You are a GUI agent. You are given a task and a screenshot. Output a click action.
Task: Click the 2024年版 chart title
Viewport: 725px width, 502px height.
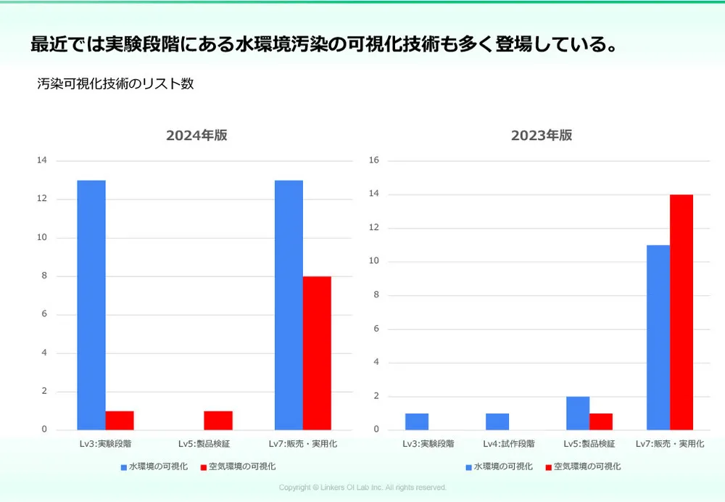[196, 135]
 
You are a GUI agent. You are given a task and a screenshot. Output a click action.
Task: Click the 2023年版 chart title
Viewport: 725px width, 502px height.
[542, 135]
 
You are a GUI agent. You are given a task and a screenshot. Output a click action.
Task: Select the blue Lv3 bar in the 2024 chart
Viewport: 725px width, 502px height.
[91, 305]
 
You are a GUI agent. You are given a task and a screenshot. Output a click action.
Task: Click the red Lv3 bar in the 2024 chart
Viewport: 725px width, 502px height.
[120, 420]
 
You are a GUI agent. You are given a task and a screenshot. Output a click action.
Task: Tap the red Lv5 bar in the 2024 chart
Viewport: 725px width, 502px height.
[218, 420]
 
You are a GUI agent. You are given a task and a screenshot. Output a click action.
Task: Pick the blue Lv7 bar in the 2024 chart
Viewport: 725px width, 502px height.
[289, 305]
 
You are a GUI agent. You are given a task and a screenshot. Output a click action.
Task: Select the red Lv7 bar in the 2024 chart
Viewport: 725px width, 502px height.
[317, 353]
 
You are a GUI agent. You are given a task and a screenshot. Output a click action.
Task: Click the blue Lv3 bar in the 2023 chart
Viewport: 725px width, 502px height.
[417, 421]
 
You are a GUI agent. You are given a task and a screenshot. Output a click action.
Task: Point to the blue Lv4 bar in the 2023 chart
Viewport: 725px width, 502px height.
[497, 421]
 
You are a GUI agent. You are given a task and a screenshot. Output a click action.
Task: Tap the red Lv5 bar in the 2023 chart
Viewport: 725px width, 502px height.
[601, 421]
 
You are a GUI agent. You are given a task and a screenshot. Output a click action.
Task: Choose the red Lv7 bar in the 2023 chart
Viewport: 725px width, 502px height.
[681, 312]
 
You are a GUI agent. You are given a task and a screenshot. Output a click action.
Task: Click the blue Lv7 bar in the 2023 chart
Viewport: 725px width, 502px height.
[658, 337]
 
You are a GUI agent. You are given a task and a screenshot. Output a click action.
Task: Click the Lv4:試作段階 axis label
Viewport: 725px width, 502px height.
[509, 443]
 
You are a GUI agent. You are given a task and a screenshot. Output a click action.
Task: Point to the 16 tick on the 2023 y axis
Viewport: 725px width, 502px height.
[375, 160]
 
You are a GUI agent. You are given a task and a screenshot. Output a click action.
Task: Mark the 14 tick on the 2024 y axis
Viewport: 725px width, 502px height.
[42, 160]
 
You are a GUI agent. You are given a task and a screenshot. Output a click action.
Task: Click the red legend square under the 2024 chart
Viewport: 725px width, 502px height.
[204, 467]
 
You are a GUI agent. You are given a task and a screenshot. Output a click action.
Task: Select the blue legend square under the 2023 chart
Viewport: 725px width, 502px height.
[469, 467]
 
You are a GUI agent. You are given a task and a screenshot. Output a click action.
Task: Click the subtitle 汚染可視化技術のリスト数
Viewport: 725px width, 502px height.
[116, 83]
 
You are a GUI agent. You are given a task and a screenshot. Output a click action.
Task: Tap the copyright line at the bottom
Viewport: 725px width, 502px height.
[362, 487]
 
